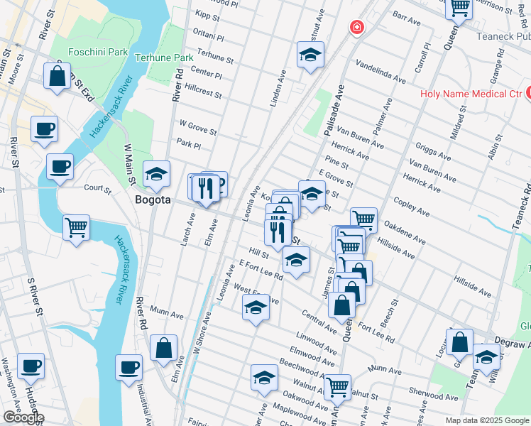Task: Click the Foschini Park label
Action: [x=98, y=52]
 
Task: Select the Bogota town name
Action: [x=153, y=200]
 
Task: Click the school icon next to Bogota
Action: [x=157, y=173]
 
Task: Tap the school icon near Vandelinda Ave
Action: [x=310, y=55]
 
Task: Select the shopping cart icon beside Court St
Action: [x=76, y=228]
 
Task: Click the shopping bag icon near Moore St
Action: [x=58, y=75]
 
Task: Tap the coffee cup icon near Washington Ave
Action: [x=31, y=366]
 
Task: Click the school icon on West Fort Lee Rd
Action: [x=256, y=307]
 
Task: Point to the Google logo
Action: [x=23, y=417]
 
